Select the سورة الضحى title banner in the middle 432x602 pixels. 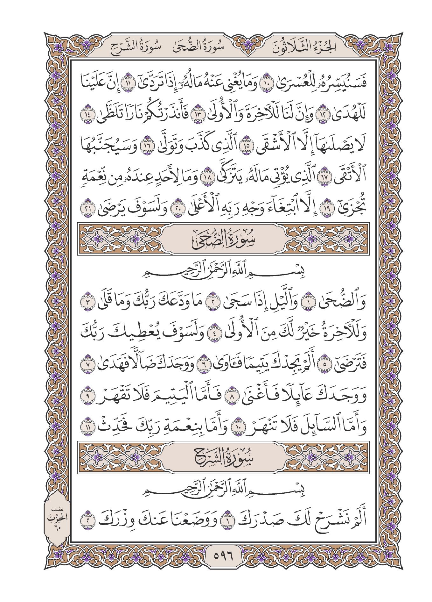223,240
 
